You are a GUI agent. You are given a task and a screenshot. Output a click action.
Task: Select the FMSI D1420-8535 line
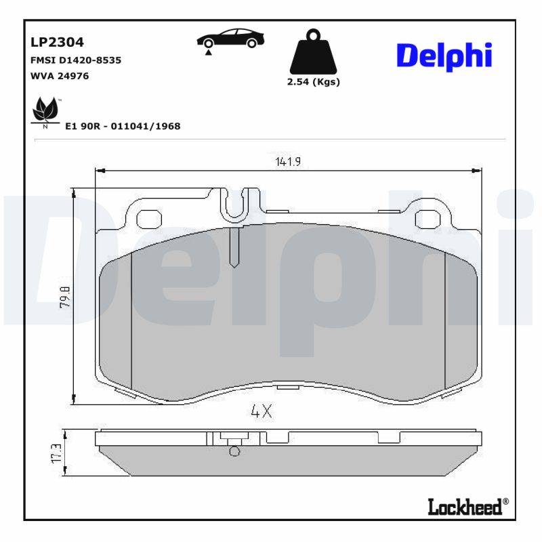76,60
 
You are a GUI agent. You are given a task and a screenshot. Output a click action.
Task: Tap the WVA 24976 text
60,76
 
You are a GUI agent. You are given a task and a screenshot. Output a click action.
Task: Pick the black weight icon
313,53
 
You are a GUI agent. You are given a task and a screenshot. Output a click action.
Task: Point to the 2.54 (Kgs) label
313,82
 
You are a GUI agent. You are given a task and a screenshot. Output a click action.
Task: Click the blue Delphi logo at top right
444,56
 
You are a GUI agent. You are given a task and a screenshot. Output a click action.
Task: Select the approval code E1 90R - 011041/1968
123,126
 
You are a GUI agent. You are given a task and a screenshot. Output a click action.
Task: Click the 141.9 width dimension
288,161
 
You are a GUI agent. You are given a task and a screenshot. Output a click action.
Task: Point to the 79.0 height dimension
65,297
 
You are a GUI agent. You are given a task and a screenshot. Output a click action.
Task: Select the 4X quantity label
261,411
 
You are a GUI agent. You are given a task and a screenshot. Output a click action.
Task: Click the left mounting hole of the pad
148,219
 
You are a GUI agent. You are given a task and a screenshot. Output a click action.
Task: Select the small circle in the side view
234,452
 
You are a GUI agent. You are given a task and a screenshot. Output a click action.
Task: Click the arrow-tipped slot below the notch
234,247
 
